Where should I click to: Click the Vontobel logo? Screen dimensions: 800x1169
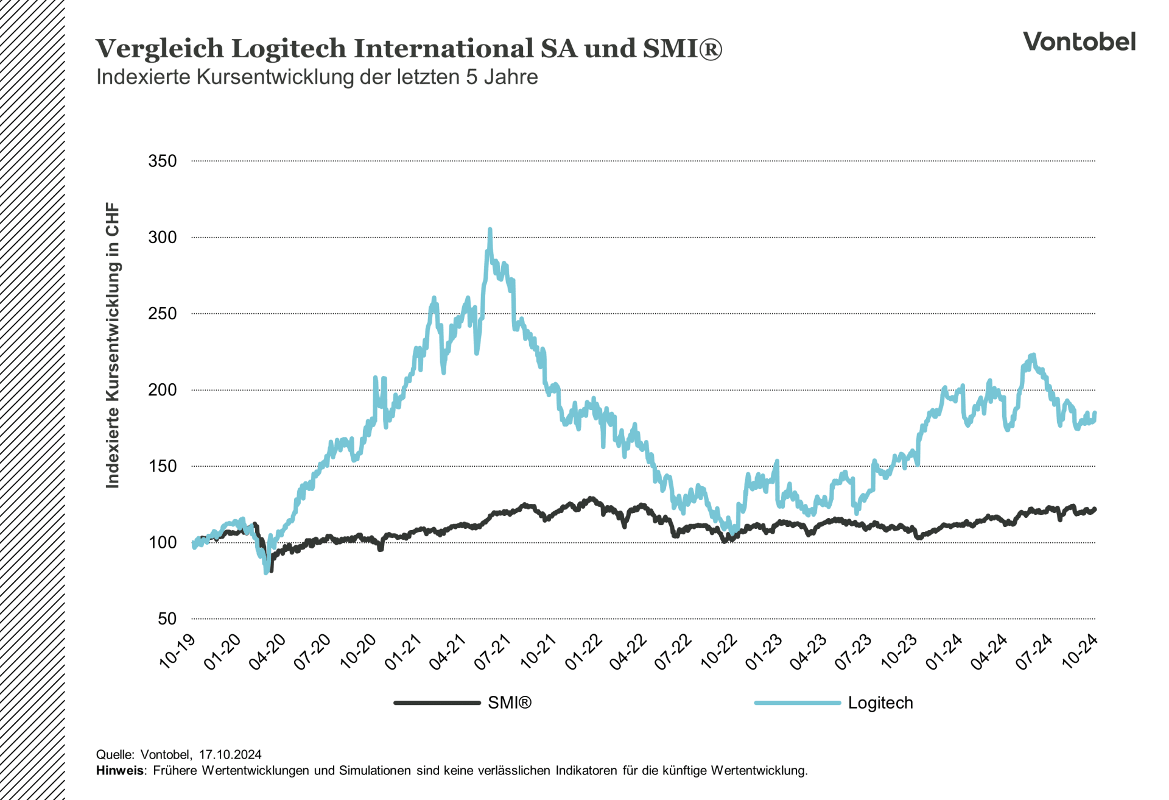tap(1078, 41)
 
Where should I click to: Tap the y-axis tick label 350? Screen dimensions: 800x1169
tap(162, 161)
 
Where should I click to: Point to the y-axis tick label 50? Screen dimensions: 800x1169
tap(167, 619)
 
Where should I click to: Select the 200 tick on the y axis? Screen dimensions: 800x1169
tap(162, 390)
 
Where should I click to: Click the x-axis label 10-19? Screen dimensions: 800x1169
tap(178, 651)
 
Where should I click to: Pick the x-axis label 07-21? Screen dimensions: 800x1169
tap(493, 653)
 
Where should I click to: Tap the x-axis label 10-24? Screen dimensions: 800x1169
tap(1079, 651)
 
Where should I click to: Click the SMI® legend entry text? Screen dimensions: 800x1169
tap(510, 703)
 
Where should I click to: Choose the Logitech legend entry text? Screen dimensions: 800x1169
tap(880, 703)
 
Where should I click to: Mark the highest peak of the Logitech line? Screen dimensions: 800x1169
tap(490, 230)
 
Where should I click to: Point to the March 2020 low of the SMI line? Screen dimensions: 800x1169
tap(271, 570)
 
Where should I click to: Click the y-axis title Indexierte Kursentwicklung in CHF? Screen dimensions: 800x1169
tap(113, 345)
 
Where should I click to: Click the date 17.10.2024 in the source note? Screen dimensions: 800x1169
tap(230, 755)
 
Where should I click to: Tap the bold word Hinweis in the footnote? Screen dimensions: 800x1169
tap(120, 771)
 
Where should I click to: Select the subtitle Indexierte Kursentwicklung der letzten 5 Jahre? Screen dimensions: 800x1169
tap(317, 77)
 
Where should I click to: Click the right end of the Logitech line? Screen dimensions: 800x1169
tap(1095, 414)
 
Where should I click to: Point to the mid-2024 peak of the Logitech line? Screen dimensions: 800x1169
tap(1033, 355)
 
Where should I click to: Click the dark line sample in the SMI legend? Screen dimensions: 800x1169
tap(437, 703)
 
